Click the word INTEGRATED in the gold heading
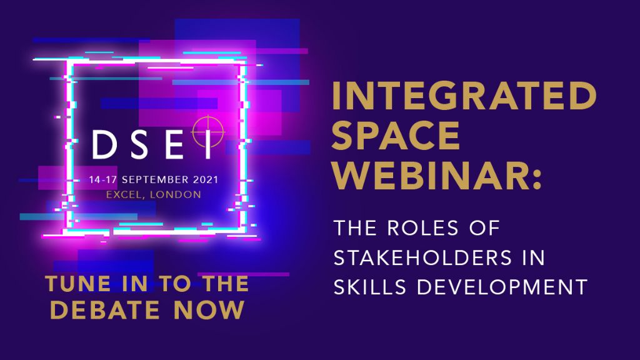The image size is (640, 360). (x=464, y=96)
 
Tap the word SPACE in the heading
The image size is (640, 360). (x=396, y=136)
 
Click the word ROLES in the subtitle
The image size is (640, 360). (x=423, y=228)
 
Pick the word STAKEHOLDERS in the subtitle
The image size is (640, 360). (x=423, y=257)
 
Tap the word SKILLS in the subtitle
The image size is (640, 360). (x=370, y=287)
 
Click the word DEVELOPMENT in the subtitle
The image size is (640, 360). (x=502, y=287)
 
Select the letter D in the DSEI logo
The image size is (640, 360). (x=105, y=144)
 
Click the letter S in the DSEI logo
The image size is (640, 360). (x=139, y=144)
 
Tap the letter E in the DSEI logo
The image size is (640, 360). (x=174, y=144)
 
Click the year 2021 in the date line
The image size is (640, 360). (x=206, y=179)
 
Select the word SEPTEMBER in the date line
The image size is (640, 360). (x=156, y=179)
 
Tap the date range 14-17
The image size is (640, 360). (x=104, y=179)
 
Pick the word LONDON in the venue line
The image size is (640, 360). (x=176, y=195)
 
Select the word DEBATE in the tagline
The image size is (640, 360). (x=104, y=310)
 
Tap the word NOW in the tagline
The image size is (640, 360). (x=209, y=310)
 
